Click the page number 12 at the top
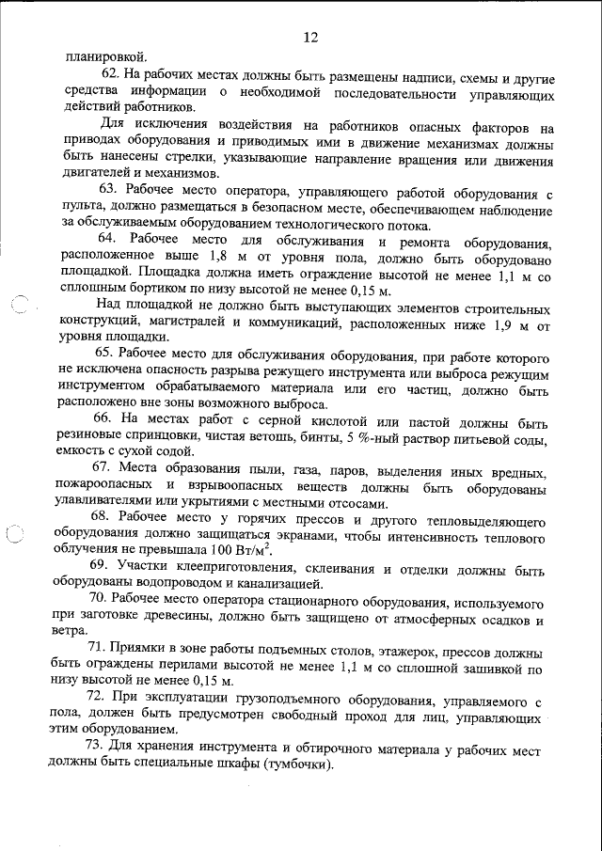(311, 38)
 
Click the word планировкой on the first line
(106, 55)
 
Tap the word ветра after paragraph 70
(79, 633)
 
